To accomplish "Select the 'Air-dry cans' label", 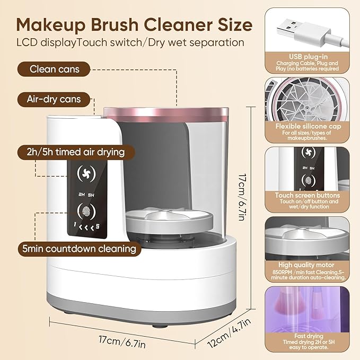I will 54,99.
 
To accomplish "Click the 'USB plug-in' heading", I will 308,56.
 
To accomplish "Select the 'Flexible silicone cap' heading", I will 308,127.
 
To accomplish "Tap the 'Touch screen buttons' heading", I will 308,196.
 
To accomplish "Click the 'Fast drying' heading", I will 308,336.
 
